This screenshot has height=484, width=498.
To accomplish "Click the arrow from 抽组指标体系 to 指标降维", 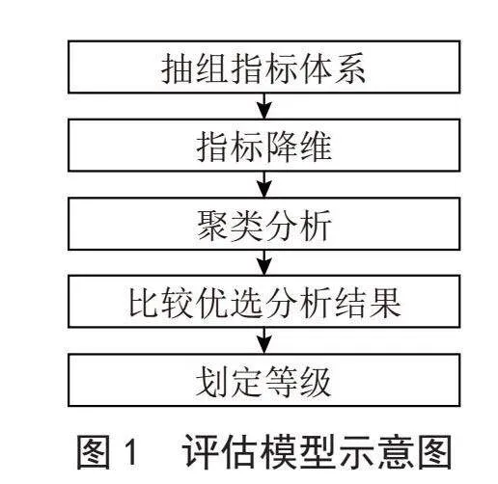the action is pos(264,106).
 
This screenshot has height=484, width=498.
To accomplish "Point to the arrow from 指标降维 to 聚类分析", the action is pos(264,184).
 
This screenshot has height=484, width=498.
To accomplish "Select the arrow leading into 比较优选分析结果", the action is pos(264,262).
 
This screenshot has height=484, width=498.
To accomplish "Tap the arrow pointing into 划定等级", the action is pos(264,340).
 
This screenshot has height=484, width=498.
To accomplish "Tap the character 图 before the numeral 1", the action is pos(94,452).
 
